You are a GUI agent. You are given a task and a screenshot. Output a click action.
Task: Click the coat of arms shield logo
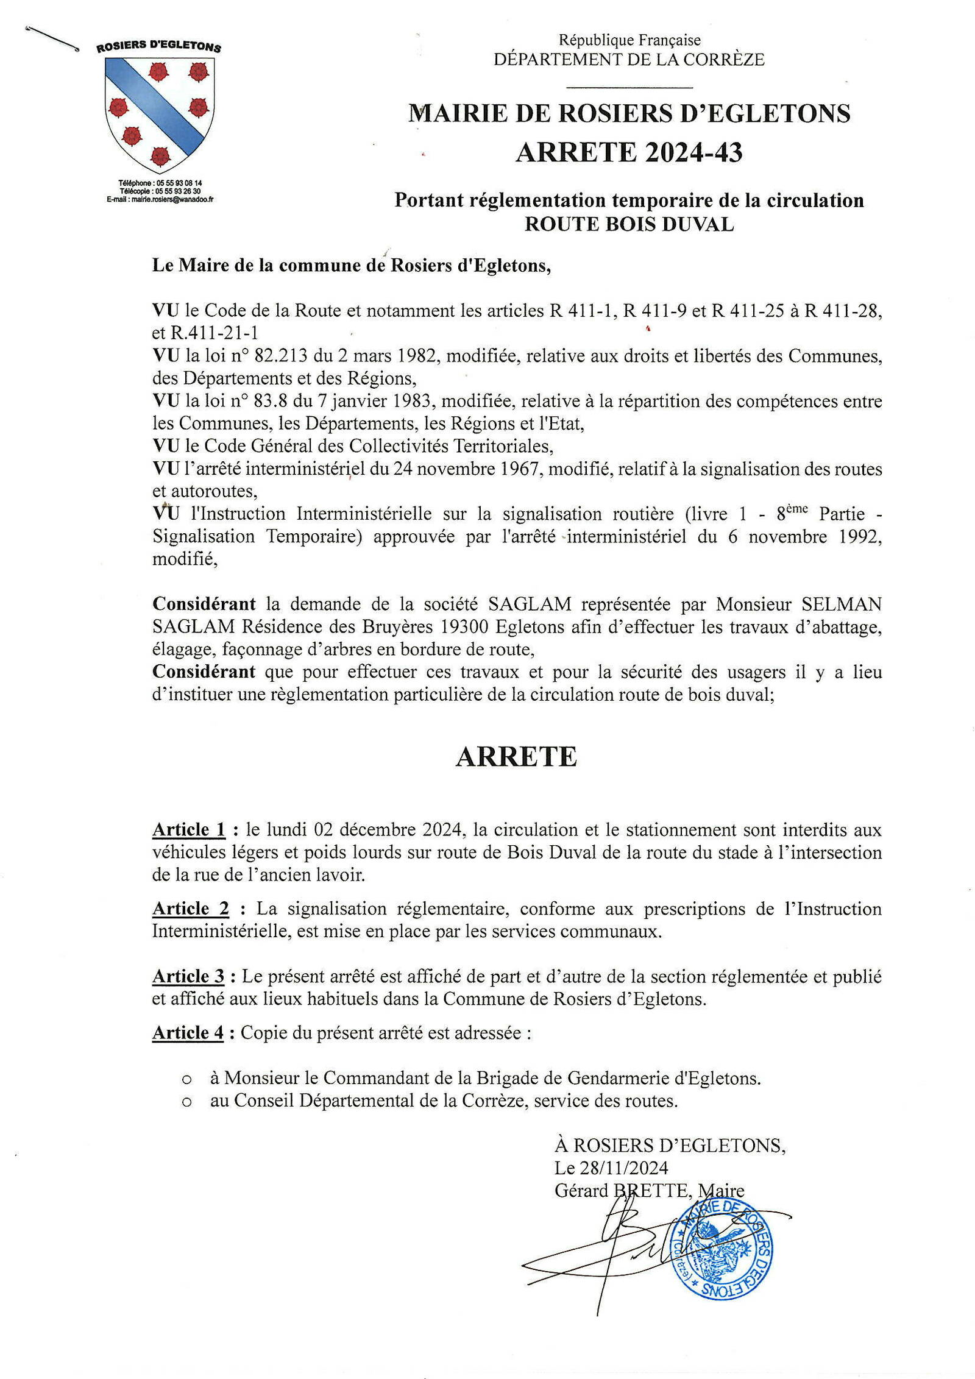[x=160, y=114]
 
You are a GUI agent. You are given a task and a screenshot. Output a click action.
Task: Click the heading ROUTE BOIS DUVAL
[x=629, y=224]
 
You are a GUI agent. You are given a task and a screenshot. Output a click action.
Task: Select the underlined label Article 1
[x=189, y=829]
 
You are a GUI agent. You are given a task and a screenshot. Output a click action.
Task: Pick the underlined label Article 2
[x=191, y=909]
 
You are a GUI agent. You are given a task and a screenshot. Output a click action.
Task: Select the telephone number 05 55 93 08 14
[x=179, y=183]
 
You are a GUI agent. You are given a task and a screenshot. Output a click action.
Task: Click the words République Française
[x=629, y=40]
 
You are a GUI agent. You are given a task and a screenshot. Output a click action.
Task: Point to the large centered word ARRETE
[x=516, y=757]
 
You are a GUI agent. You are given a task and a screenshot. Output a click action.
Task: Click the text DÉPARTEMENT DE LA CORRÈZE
[x=629, y=60]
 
